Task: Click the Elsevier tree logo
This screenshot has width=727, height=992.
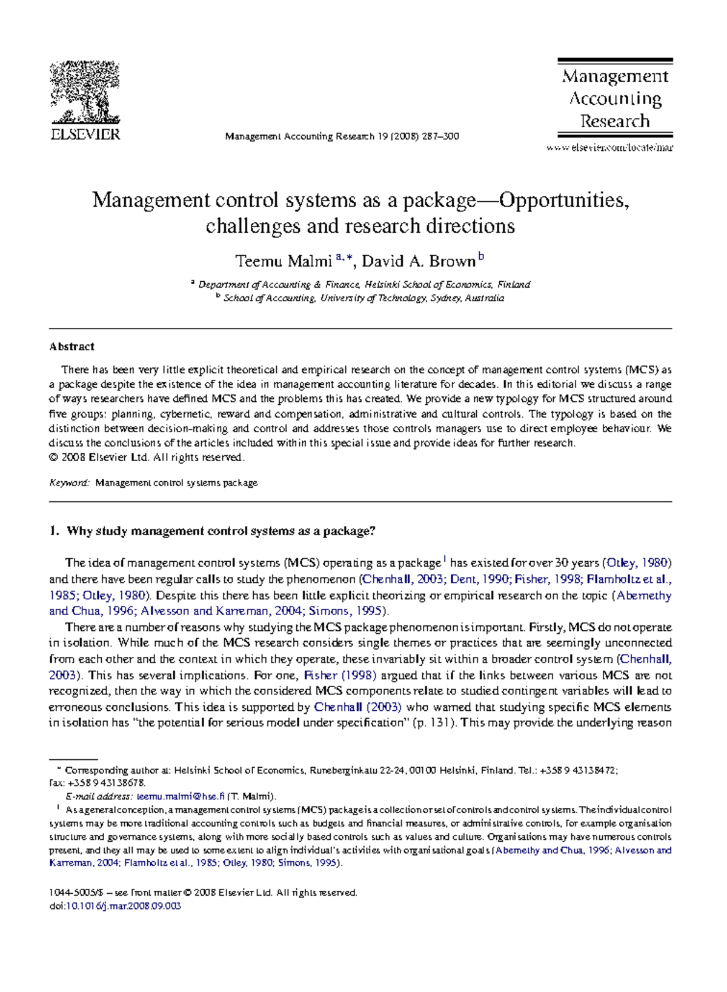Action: pos(84,92)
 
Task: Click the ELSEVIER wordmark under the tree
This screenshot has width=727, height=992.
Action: pos(85,135)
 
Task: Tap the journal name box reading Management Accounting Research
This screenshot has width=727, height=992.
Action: pos(615,98)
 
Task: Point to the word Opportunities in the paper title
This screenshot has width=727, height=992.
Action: pos(563,200)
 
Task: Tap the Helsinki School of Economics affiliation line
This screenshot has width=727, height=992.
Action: pos(363,284)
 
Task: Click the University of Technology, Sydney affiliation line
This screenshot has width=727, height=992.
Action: pos(363,298)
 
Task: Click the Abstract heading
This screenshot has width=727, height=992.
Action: pos(71,347)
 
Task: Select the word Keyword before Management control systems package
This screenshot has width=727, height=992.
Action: pos(69,483)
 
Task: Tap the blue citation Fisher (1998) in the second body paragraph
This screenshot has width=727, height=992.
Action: pos(339,675)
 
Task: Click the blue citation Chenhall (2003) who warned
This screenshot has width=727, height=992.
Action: pos(357,707)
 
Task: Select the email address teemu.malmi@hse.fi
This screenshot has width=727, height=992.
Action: pos(181,796)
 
